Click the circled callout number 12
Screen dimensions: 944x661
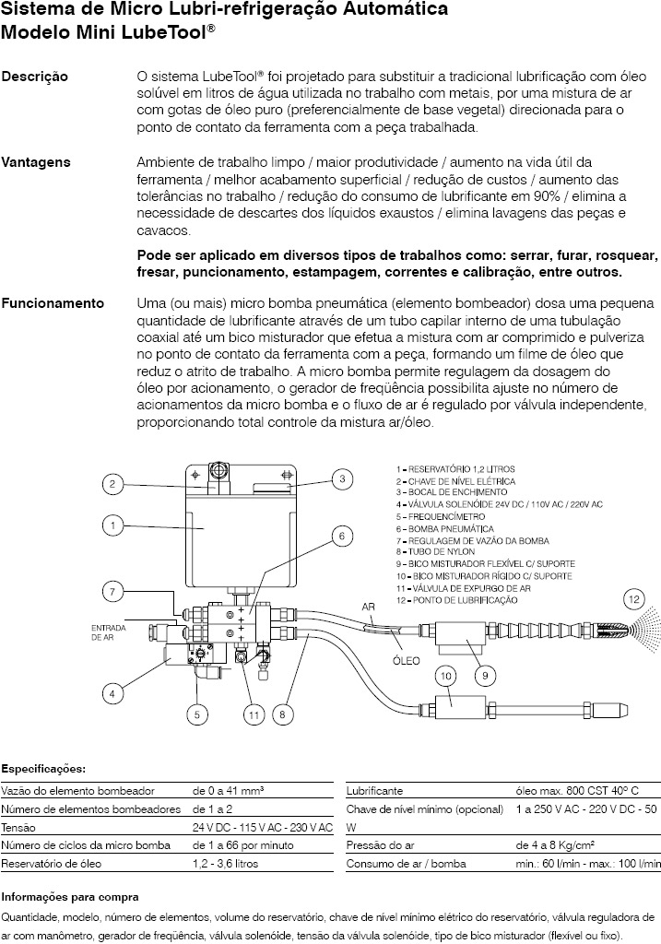click(x=632, y=598)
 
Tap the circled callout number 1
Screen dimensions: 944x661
click(x=112, y=525)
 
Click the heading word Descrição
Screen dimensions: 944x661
click(x=35, y=77)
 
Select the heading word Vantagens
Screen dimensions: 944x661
click(x=36, y=162)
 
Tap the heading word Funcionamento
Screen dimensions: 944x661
click(x=53, y=303)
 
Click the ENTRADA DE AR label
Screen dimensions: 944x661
click(x=108, y=631)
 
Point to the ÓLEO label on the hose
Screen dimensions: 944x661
click(x=406, y=660)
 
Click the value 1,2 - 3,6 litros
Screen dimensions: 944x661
click(x=225, y=864)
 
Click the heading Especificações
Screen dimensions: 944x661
click(x=44, y=768)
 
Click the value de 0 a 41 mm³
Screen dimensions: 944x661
click(x=229, y=791)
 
